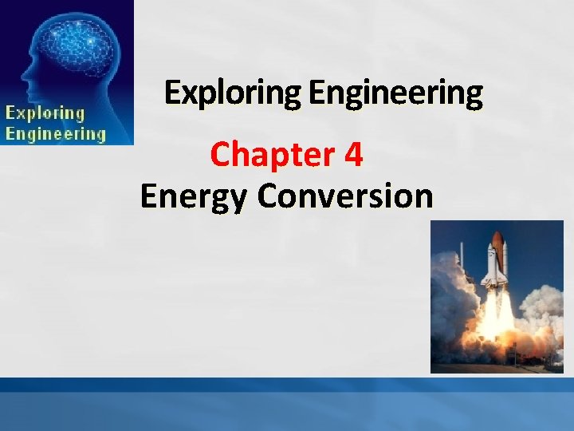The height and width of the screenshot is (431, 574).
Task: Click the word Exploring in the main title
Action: pos(234,94)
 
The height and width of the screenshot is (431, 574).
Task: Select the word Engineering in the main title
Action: pos(395,94)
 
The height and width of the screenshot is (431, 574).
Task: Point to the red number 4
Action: pos(354,155)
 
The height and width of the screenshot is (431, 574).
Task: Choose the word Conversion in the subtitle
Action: pos(345,196)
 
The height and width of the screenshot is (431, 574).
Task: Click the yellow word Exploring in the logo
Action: pos(45,113)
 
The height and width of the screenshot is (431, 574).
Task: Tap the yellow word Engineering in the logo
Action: pos(56,133)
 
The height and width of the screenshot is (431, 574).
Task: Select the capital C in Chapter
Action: pos(219,155)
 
